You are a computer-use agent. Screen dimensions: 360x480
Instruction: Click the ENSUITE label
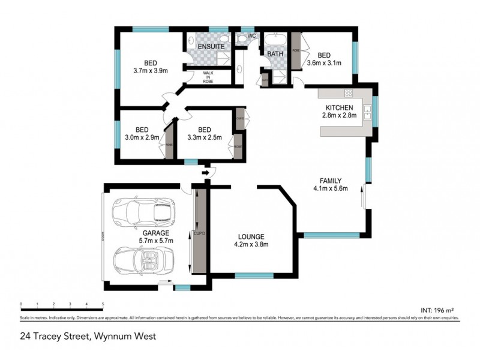click(x=211, y=46)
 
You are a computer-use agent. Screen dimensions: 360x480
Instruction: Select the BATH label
click(x=275, y=54)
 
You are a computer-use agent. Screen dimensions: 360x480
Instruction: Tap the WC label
click(x=253, y=37)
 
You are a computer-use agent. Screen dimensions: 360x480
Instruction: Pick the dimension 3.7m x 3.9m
click(x=150, y=70)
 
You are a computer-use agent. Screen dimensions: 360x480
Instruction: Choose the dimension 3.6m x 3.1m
click(x=324, y=62)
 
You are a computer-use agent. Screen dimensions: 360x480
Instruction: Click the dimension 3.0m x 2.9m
click(x=142, y=137)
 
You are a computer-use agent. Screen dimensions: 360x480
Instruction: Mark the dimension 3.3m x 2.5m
click(x=205, y=137)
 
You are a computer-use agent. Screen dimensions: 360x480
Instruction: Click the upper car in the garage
click(x=142, y=210)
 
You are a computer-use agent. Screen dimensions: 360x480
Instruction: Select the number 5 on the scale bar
click(x=103, y=304)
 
